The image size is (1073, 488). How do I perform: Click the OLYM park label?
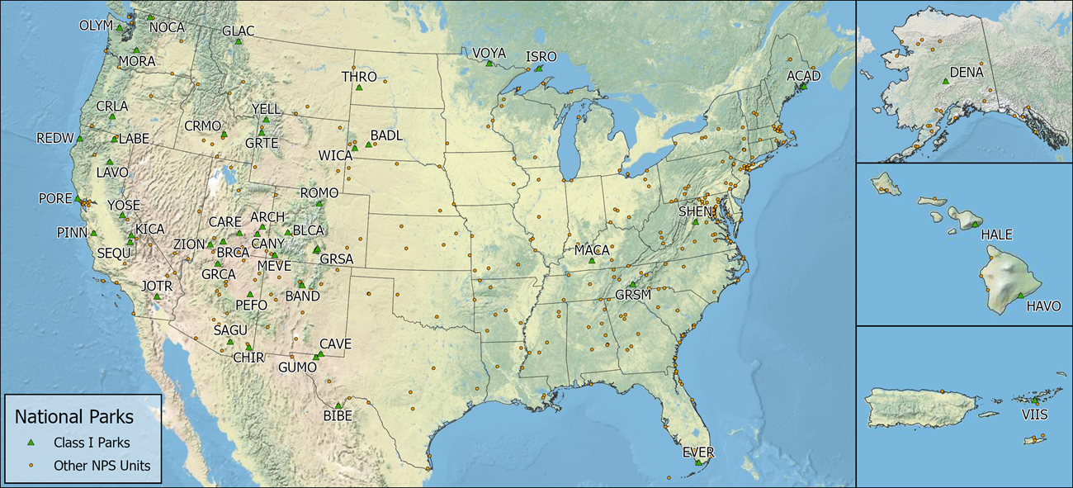click(x=95, y=25)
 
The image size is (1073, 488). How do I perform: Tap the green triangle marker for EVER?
click(x=698, y=462)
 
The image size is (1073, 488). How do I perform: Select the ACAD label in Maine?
click(x=803, y=76)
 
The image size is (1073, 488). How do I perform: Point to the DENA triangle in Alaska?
click(x=944, y=82)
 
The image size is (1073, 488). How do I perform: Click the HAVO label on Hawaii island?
click(x=1042, y=306)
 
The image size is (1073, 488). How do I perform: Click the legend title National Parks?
click(x=74, y=418)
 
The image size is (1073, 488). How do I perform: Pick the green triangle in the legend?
click(x=31, y=443)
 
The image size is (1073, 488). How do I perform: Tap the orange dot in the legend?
click(x=31, y=466)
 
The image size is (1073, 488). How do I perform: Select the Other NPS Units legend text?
click(x=102, y=466)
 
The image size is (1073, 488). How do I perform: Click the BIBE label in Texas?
click(x=337, y=416)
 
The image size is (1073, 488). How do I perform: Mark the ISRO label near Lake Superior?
click(x=541, y=57)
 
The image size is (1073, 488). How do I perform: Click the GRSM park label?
click(x=633, y=295)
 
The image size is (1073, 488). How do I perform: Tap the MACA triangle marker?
click(x=592, y=260)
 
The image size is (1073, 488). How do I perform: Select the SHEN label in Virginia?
click(x=694, y=211)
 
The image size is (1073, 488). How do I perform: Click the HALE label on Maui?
click(x=997, y=235)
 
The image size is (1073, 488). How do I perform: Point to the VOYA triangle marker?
click(x=489, y=63)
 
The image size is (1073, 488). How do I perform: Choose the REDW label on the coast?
click(x=55, y=138)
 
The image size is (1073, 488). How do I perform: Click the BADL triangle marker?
click(x=368, y=145)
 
